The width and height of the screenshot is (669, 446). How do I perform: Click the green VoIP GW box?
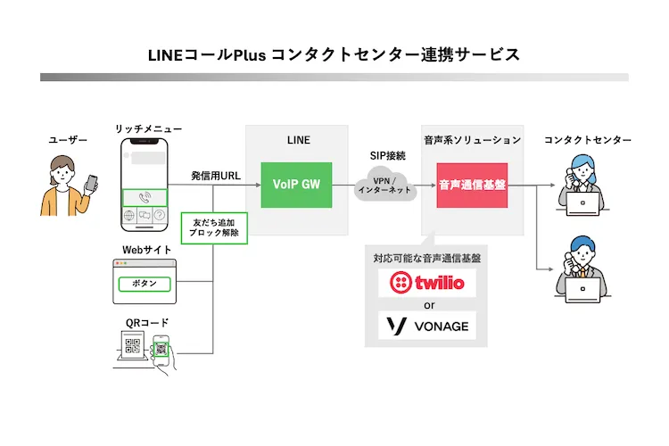click(296, 185)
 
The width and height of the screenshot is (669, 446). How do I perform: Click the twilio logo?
click(427, 284)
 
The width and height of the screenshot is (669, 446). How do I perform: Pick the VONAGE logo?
click(427, 326)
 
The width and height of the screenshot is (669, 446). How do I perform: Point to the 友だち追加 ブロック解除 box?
click(214, 227)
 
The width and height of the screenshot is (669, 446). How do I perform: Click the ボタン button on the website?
click(144, 284)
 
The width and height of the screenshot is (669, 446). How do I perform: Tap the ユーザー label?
click(69, 140)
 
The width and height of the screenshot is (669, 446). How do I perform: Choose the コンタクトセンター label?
click(587, 140)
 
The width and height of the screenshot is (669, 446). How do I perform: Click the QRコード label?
click(147, 322)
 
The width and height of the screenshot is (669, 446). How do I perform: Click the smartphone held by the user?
click(91, 181)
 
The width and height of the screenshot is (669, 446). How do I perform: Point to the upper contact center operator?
click(583, 183)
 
